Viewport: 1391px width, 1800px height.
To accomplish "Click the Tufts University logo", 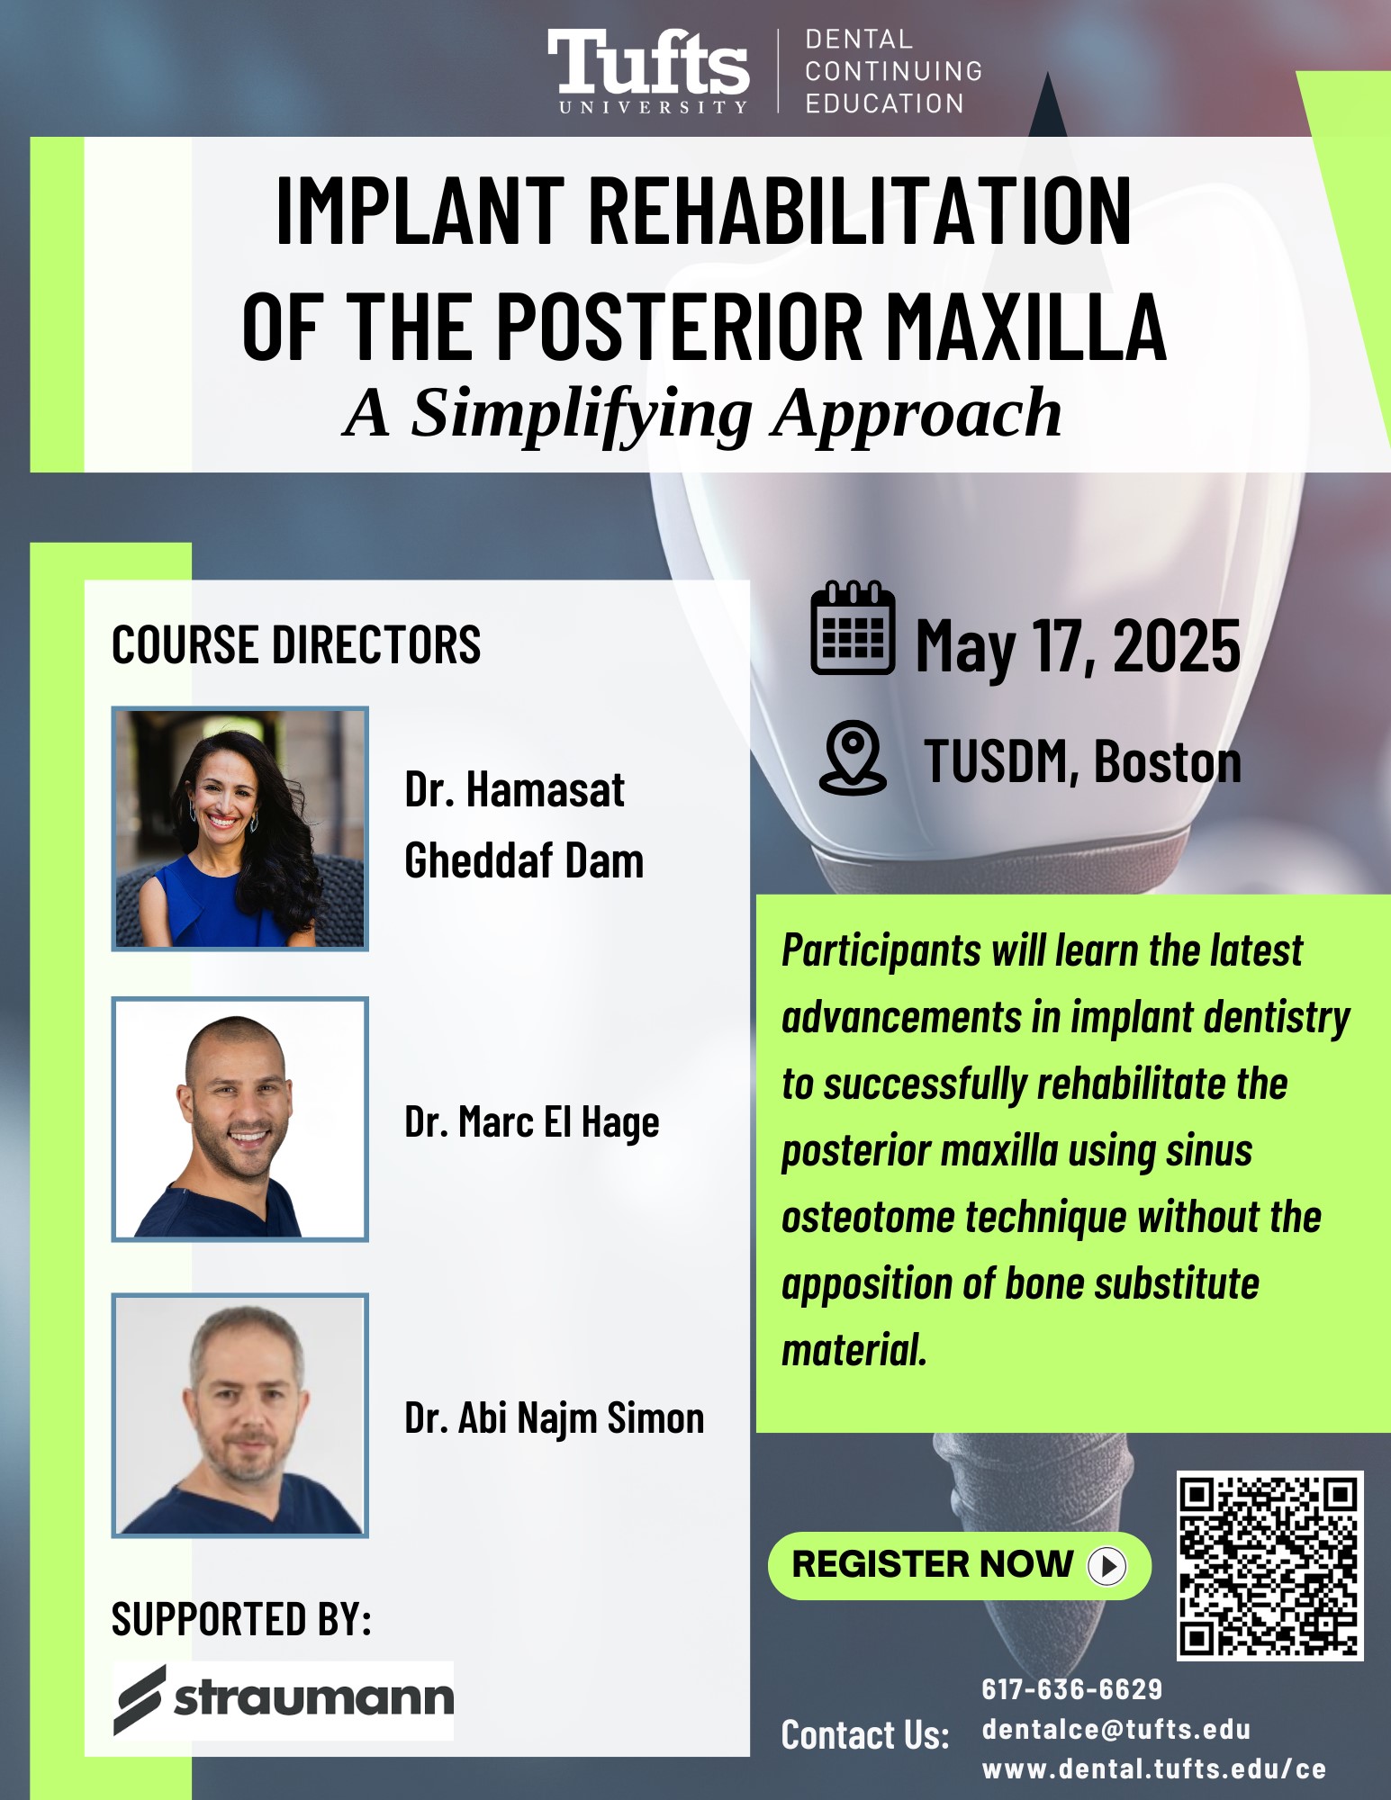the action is (x=648, y=71).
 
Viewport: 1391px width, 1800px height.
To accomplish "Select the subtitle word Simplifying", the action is (x=582, y=415).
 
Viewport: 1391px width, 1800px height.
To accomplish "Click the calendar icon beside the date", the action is (x=853, y=627).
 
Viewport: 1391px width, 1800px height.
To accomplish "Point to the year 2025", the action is (x=1177, y=646).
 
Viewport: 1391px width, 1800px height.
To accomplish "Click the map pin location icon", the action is (x=853, y=757).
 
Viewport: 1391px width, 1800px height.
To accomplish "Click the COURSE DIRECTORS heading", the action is (x=296, y=644).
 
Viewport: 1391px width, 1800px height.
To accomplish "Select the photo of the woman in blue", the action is (x=240, y=828).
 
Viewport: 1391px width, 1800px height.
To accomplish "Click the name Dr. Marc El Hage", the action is (x=532, y=1122).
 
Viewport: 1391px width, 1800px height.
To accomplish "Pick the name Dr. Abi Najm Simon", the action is (x=555, y=1417).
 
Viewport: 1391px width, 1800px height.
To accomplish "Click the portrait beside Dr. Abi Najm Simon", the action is (x=240, y=1415).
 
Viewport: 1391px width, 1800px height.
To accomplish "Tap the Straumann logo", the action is (x=284, y=1699).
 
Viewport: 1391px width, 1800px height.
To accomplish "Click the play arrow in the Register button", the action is (x=1107, y=1566).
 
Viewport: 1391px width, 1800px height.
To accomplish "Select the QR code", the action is (x=1269, y=1566).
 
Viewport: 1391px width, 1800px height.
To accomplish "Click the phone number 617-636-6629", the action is (x=1072, y=1689).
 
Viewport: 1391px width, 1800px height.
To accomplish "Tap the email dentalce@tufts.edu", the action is (x=1116, y=1729).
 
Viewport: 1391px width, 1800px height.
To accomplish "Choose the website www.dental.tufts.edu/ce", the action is (x=1154, y=1768).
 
